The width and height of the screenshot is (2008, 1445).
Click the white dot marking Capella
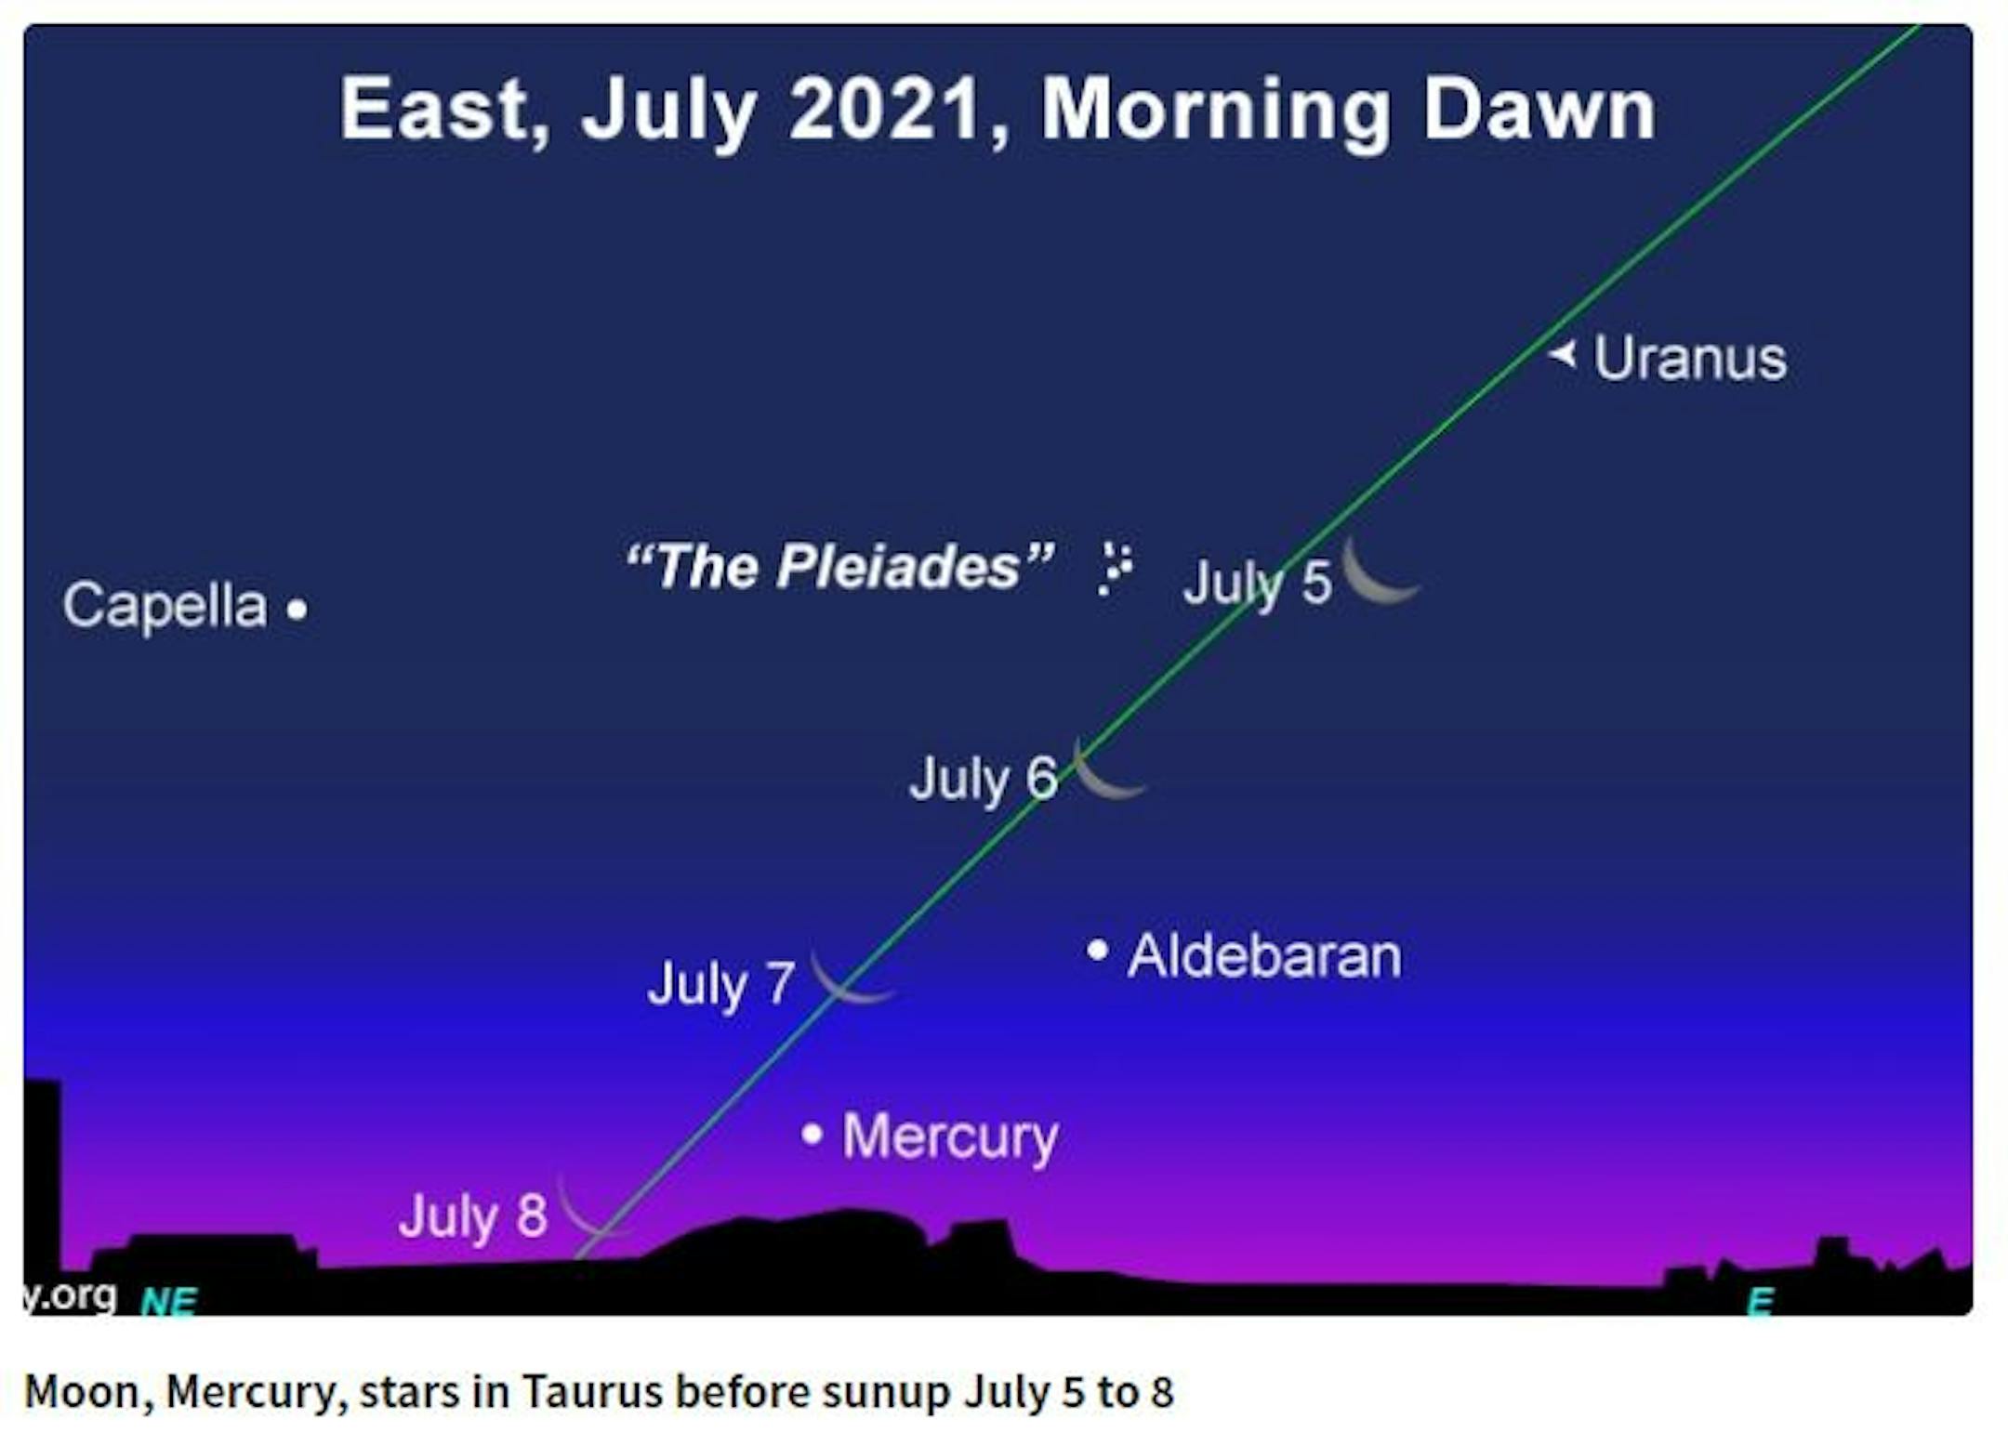coord(297,610)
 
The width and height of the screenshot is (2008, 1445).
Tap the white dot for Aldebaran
coord(1098,950)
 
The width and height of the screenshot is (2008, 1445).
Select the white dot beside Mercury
coord(812,1134)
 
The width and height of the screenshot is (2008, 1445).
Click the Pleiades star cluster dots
coord(1115,568)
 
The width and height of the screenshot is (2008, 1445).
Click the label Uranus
coord(1690,359)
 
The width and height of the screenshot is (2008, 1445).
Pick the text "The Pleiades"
coord(840,566)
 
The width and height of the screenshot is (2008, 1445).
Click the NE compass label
coord(168,1302)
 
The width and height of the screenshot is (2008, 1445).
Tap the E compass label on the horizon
coord(1760,1302)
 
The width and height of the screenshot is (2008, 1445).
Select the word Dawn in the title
coord(1539,110)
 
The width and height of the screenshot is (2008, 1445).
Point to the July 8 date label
coord(473,1216)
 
